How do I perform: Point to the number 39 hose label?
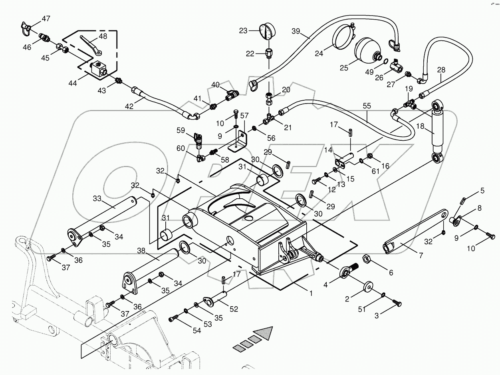tap(296, 31)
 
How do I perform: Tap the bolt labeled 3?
tap(396, 304)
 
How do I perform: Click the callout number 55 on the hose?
tap(367, 106)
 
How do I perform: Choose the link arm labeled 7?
tap(415, 231)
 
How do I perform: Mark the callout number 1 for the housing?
tap(311, 293)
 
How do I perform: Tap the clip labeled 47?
tap(28, 28)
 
